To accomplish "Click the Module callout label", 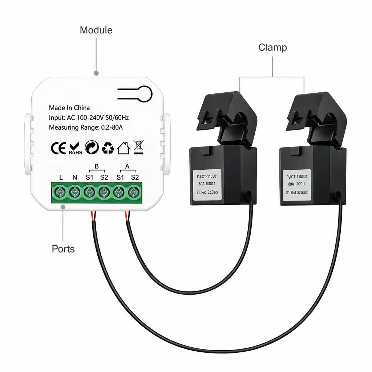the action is tap(96, 30).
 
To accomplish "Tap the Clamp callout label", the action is tap(272, 48).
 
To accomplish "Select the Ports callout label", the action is tap(63, 249).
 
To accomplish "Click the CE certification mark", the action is tap(58, 148).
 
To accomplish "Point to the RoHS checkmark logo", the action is tap(76, 148).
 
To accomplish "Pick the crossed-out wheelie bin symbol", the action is tap(138, 147).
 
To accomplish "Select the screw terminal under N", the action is tap(75, 192).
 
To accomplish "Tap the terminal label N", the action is tap(75, 177).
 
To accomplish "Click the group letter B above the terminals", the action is tap(97, 166).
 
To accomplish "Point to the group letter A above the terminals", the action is tap(128, 166).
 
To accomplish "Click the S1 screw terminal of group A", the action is tap(119, 192).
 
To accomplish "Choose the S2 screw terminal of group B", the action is tap(104, 192).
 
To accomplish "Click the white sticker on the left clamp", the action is tap(207, 184).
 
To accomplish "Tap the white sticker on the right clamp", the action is tap(297, 185).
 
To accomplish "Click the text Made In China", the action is tap(69, 108).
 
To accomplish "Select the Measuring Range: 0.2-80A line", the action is tap(86, 128).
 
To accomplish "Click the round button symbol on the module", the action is tap(143, 94).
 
